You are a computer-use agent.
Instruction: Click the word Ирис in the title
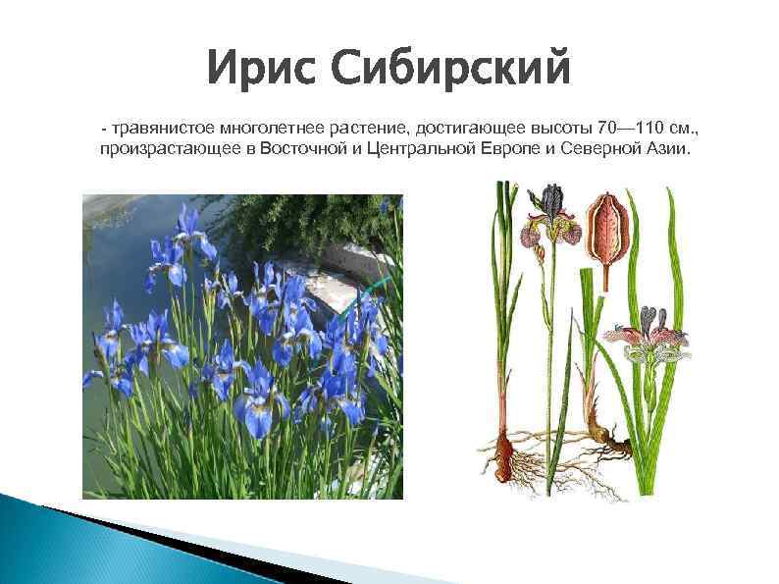261,70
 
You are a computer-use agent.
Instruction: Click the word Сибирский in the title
451,70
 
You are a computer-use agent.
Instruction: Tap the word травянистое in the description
165,129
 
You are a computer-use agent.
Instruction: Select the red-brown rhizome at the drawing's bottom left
506,453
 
